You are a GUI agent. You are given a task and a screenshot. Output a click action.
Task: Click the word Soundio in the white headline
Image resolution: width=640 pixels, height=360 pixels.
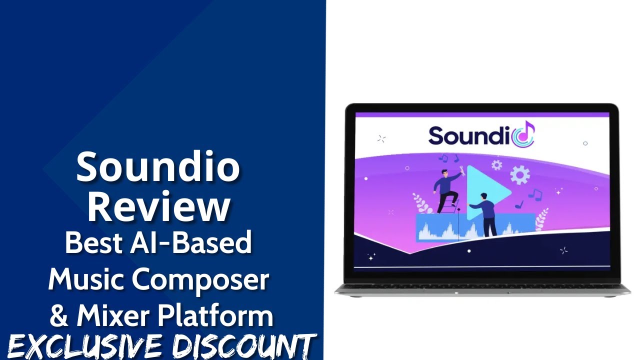point(158,167)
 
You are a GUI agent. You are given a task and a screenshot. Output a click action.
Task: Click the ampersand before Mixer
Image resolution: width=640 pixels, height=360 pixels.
point(59,315)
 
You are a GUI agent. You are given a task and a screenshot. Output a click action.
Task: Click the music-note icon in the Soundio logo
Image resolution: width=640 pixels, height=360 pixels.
point(524,135)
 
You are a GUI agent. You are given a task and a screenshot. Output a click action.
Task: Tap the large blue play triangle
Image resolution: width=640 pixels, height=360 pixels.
point(485,192)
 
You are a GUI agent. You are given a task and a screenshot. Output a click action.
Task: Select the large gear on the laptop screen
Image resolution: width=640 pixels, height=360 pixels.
point(519,174)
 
